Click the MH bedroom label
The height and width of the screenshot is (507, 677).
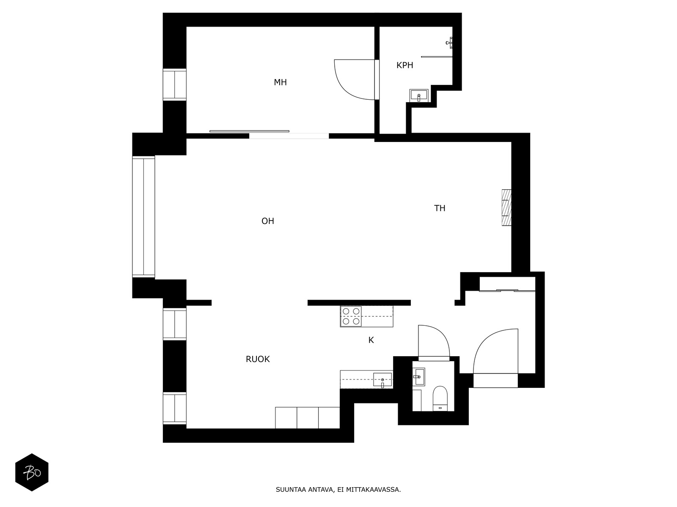click(280, 82)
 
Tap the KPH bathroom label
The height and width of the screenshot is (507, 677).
click(405, 65)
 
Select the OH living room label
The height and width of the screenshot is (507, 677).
click(267, 221)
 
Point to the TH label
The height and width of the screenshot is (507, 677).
click(440, 208)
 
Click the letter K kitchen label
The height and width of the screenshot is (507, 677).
click(371, 340)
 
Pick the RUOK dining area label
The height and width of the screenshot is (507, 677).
click(258, 359)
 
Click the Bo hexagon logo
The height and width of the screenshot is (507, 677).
click(32, 472)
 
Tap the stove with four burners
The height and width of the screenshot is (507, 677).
click(351, 316)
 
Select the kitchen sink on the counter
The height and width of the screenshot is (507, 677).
click(383, 379)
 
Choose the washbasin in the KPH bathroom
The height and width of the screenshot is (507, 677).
click(418, 95)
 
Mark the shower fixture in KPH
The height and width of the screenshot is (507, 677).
click(449, 43)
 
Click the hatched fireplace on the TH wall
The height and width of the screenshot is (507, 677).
click(506, 207)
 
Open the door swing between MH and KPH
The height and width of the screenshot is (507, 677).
click(355, 79)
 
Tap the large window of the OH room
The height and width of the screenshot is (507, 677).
click(143, 217)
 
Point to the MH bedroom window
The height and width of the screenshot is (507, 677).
click(175, 84)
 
